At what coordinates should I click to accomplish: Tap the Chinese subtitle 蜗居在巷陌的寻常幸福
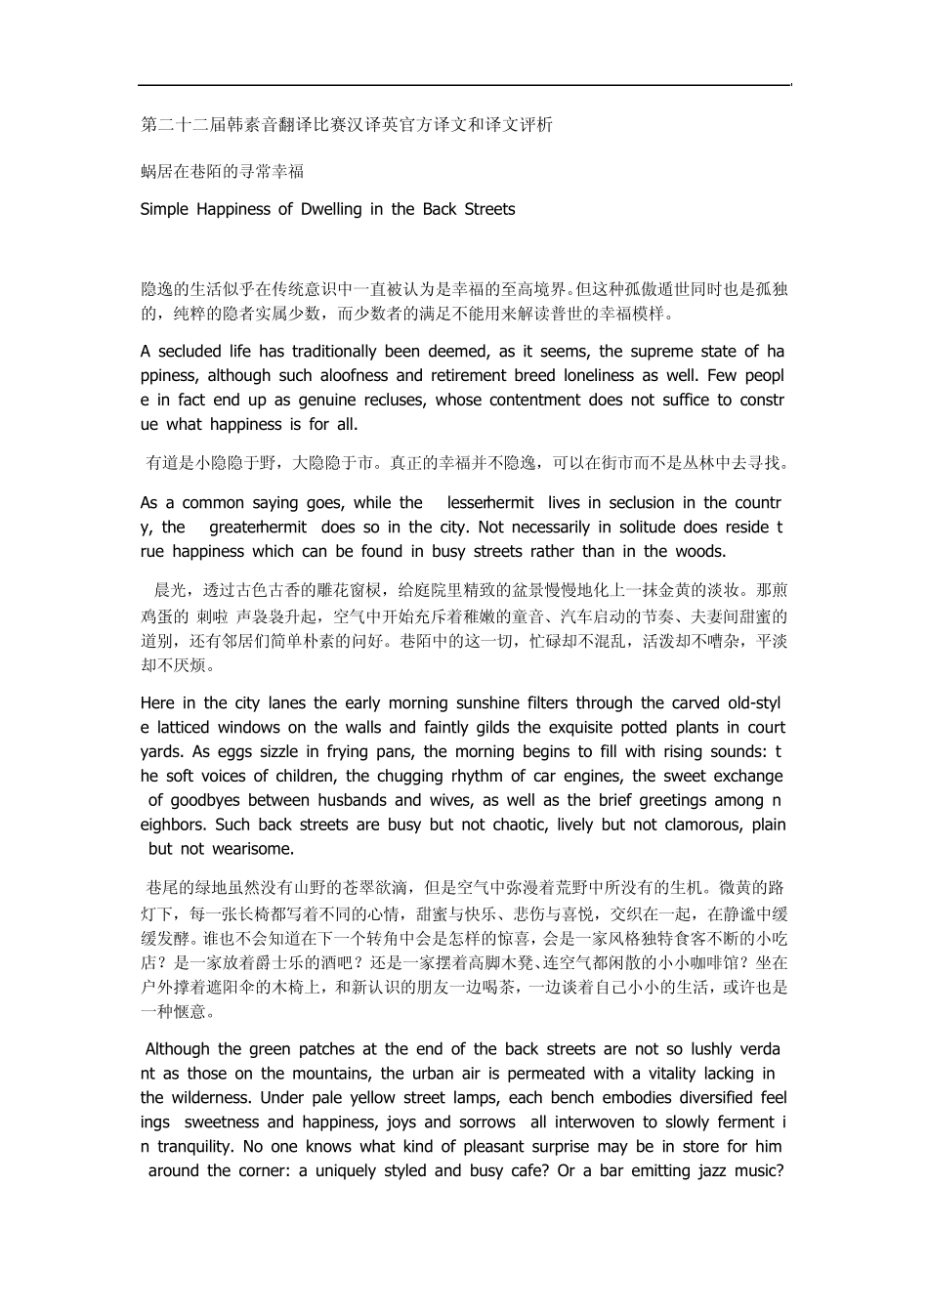click(x=223, y=172)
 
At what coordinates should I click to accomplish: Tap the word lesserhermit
click(x=490, y=503)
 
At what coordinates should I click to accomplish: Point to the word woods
click(x=700, y=552)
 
